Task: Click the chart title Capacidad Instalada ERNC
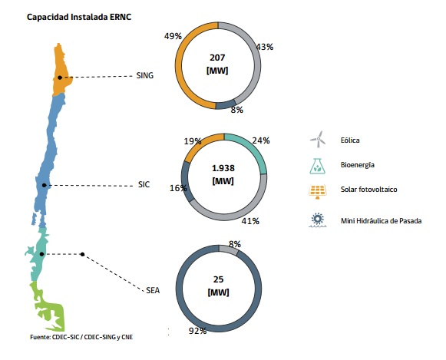point(79,17)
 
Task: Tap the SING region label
point(145,76)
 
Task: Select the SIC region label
point(144,184)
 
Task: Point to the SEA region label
point(153,290)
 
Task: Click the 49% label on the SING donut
point(173,36)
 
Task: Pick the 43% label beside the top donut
point(265,47)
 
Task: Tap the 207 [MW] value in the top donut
point(217,64)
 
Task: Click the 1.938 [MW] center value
point(223,174)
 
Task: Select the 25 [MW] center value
point(218,286)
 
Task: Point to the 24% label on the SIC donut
point(261,140)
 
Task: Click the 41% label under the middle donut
point(250,221)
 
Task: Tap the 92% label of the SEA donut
point(198,331)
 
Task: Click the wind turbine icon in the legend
point(318,140)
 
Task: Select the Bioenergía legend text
point(358,165)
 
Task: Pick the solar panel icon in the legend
point(318,192)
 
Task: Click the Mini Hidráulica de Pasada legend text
point(382,221)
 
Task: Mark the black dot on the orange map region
point(60,78)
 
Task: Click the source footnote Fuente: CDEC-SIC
point(81,337)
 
